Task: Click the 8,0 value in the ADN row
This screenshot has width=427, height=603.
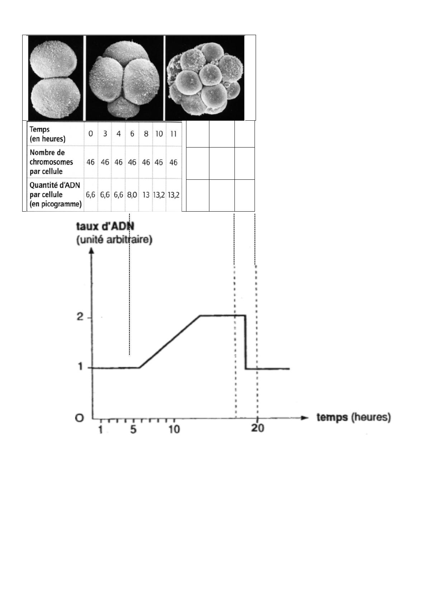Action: pos(132,195)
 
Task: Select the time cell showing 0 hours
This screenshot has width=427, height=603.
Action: pos(91,134)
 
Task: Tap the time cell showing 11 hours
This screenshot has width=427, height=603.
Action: pos(174,134)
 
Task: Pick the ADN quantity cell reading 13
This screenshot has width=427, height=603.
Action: pos(146,195)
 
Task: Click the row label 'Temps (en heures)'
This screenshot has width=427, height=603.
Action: pos(48,134)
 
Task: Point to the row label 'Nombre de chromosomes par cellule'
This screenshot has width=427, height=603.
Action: pos(51,162)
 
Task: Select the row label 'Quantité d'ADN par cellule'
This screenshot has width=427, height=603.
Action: pos(55,195)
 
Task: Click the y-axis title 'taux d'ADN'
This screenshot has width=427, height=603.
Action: pos(102,226)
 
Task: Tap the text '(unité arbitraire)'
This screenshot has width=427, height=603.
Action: pos(114,239)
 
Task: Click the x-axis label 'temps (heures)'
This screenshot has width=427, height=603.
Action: pos(353,417)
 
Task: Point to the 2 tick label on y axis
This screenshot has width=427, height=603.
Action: pos(80,317)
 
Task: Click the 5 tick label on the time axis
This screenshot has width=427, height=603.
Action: pos(133,429)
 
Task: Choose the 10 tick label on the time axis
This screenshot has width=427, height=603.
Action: pos(174,429)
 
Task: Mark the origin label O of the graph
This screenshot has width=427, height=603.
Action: pos(80,418)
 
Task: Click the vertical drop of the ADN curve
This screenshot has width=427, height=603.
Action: pos(246,342)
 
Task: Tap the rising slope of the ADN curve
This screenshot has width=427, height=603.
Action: pos(169,341)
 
